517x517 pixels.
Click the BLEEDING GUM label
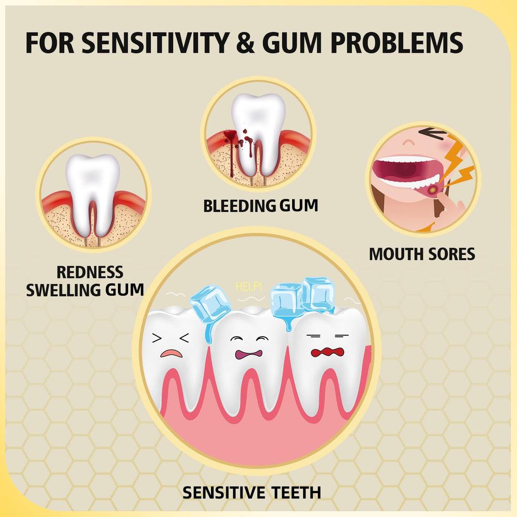click(260, 205)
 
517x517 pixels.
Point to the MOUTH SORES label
click(422, 254)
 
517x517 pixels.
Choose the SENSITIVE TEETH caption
click(252, 492)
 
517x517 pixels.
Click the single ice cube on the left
click(209, 305)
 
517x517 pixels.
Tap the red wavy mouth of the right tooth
click(327, 352)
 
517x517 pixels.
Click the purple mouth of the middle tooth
click(249, 354)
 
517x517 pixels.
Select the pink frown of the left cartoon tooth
click(171, 353)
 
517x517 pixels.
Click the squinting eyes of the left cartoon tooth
click(171, 338)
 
